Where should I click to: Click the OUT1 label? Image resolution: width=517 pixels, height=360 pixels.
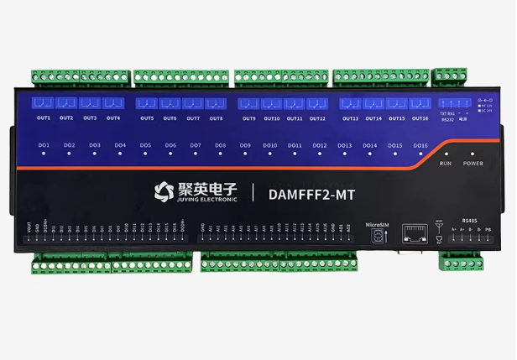[44, 118]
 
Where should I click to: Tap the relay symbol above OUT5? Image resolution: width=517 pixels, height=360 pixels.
[147, 104]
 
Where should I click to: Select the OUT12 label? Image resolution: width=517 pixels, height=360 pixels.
[316, 118]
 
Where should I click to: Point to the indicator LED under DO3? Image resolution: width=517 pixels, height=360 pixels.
[95, 155]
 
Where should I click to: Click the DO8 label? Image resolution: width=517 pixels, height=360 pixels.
[220, 145]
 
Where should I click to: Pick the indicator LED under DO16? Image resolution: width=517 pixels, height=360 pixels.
[420, 155]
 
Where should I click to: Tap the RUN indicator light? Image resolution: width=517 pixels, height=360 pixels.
[446, 154]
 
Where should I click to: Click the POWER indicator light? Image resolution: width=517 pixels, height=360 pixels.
[473, 154]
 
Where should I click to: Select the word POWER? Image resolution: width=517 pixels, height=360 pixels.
[473, 164]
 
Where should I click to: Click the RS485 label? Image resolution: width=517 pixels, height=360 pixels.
[470, 221]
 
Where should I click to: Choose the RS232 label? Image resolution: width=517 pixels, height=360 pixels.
[447, 121]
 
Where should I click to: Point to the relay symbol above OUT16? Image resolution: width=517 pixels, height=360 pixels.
[420, 104]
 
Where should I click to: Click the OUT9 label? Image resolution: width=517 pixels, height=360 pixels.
[249, 118]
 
